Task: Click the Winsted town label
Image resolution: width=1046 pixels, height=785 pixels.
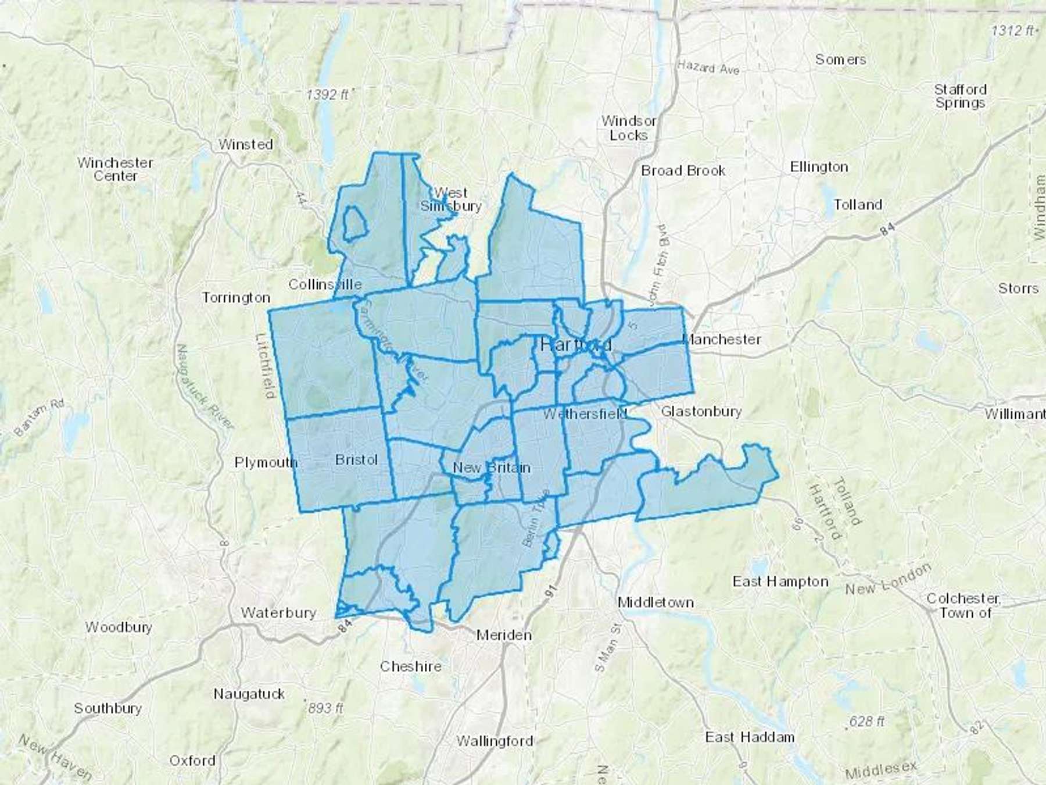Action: point(245,144)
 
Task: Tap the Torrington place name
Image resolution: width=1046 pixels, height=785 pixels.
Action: point(236,298)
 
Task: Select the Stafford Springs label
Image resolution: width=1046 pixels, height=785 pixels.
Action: point(960,96)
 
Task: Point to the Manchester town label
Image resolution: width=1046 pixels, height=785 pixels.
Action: point(722,340)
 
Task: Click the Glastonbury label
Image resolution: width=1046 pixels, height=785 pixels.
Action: point(701,412)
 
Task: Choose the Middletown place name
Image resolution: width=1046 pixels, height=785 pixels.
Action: point(655,602)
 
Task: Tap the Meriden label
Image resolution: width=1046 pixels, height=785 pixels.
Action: point(504,635)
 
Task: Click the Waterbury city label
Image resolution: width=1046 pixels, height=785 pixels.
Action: point(278,612)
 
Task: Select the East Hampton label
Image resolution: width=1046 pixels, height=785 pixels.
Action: point(780,581)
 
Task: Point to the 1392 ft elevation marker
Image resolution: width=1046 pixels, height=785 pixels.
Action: point(328,94)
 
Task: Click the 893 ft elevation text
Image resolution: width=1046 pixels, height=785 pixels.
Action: point(326,708)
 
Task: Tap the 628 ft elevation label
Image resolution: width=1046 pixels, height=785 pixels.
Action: point(866,722)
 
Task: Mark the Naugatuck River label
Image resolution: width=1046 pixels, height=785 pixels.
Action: point(205,386)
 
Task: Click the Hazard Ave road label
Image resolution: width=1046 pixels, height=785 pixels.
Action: point(708,68)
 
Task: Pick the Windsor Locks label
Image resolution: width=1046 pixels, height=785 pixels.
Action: point(629,128)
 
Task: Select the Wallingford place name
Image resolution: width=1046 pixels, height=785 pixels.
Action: point(495,741)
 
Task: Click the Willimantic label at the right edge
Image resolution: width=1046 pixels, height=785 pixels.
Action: point(1015,414)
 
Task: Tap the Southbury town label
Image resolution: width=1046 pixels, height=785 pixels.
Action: point(108,708)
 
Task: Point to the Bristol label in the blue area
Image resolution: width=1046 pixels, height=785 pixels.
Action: point(356,460)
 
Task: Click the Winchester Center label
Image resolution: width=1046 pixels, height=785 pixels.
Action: point(115,169)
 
